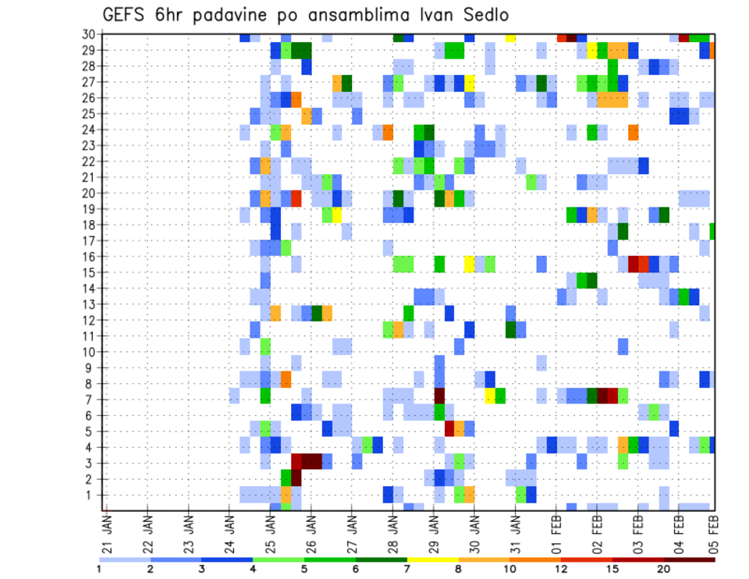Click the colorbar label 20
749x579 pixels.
[x=663, y=569]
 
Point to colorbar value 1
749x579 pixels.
[x=99, y=569]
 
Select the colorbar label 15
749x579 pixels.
[x=612, y=569]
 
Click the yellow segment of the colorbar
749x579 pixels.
[x=433, y=559]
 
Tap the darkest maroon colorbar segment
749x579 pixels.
[x=689, y=559]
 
